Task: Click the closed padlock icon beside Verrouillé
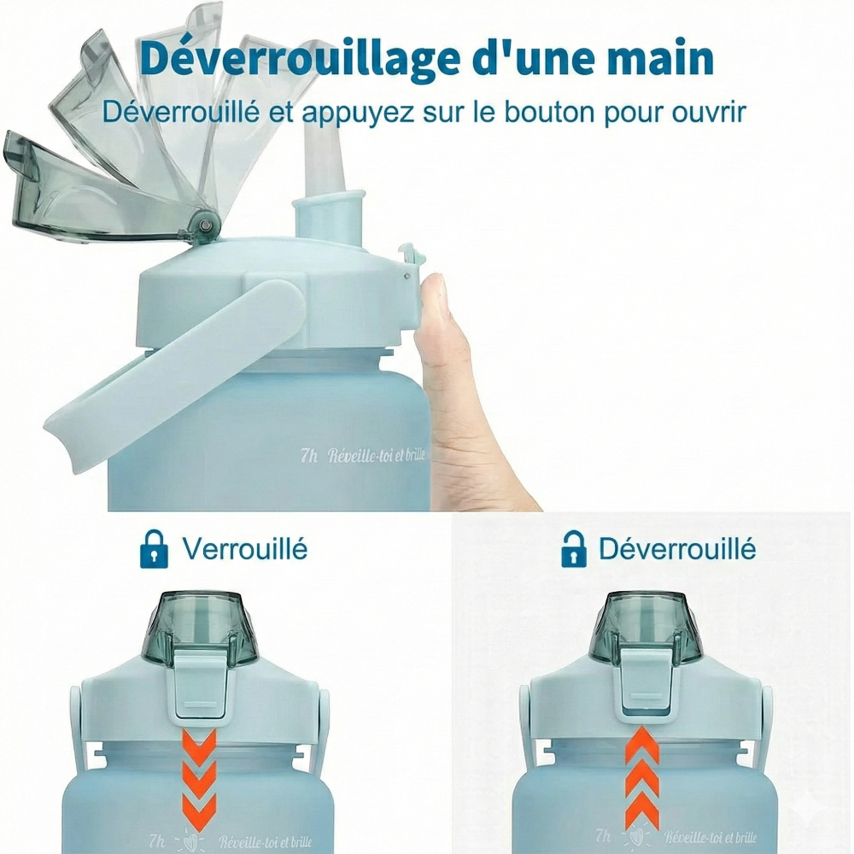point(154,548)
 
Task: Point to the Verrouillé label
point(245,548)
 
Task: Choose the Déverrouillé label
point(677,548)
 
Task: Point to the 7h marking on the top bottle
point(308,456)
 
